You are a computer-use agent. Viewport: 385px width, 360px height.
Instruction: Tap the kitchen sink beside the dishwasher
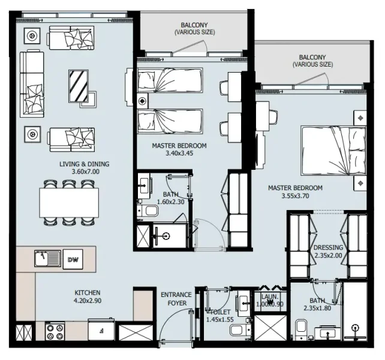(48, 259)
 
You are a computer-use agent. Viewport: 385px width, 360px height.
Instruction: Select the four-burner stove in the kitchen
(55, 331)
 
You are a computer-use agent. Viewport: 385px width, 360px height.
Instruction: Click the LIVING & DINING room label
(84, 164)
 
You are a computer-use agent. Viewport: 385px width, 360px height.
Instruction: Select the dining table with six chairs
(69, 203)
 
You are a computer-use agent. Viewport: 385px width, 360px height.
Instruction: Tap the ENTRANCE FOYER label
(176, 299)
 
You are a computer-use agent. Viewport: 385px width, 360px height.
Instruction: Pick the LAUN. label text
(270, 296)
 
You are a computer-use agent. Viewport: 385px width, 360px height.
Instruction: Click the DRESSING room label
(328, 247)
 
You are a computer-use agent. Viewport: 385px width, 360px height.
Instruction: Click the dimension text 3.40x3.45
(179, 154)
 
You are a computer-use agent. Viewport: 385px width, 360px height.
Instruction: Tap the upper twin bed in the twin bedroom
(170, 79)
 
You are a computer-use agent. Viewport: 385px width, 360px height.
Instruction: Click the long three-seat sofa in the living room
(32, 83)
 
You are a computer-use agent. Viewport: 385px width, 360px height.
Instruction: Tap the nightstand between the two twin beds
(143, 100)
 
